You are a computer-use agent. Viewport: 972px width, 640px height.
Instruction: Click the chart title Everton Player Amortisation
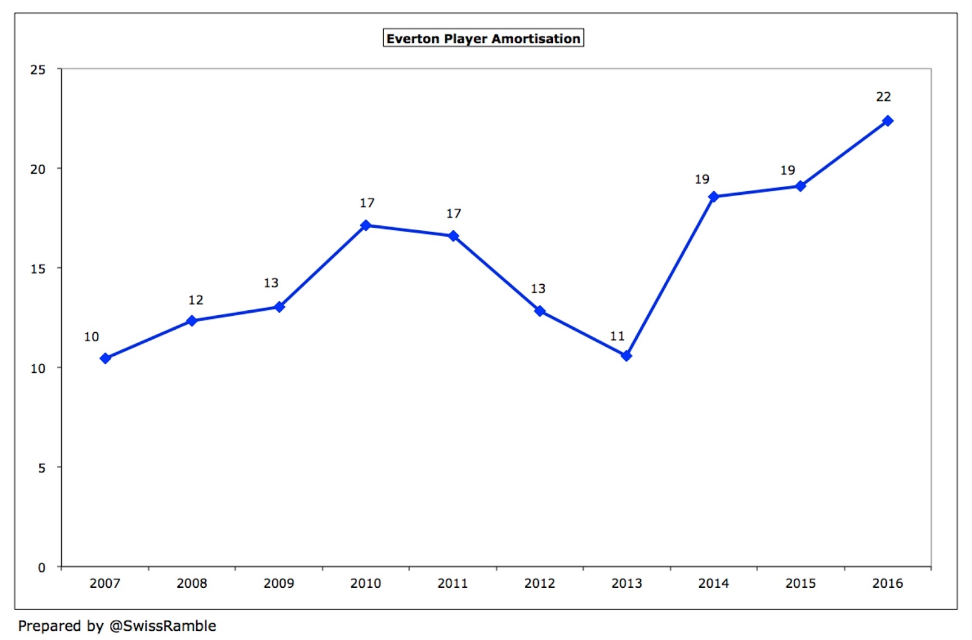(x=483, y=38)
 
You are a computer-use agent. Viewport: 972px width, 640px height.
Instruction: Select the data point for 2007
(x=105, y=358)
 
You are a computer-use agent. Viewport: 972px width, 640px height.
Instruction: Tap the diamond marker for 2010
(x=366, y=225)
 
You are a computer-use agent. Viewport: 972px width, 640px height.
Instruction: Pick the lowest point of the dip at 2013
(x=626, y=356)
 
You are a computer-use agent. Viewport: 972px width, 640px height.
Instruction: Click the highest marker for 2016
(x=888, y=121)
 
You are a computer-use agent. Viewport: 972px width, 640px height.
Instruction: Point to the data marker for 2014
(x=713, y=197)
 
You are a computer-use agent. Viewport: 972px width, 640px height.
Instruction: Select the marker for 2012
(x=539, y=311)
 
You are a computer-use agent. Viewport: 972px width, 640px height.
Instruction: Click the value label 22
(x=883, y=97)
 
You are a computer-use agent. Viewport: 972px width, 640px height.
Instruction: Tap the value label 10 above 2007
(x=91, y=337)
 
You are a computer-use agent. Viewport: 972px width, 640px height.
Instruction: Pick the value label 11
(x=617, y=336)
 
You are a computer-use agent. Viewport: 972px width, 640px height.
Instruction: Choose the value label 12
(x=196, y=300)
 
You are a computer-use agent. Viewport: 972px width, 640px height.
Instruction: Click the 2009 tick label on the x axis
(x=279, y=584)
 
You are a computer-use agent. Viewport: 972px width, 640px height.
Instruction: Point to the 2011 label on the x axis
(x=453, y=584)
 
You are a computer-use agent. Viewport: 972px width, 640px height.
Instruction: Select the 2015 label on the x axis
(x=801, y=584)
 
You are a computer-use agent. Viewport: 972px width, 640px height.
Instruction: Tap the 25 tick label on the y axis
(x=38, y=70)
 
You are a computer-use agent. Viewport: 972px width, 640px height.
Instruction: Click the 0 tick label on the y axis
(x=41, y=568)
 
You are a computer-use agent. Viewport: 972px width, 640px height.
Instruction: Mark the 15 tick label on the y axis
(x=38, y=268)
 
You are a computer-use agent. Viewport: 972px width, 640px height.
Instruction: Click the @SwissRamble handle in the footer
(x=162, y=626)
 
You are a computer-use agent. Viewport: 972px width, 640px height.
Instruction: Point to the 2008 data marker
(x=192, y=321)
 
